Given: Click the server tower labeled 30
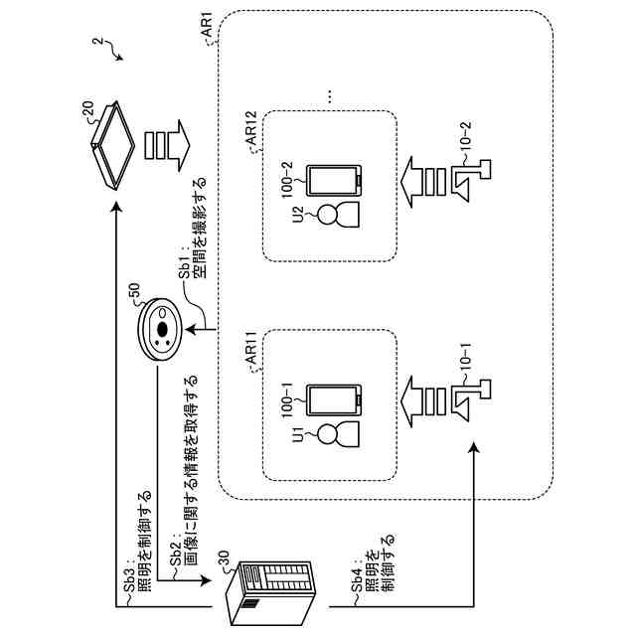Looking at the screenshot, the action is click(269, 594).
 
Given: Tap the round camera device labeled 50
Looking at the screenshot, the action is click(159, 329).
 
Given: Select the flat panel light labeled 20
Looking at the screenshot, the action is click(113, 145).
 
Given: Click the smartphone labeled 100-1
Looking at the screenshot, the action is click(334, 399).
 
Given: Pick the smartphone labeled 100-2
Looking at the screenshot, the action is click(334, 181).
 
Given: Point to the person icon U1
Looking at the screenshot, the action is click(338, 434).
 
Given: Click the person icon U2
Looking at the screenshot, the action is click(338, 215).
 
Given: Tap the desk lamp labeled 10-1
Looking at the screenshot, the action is click(471, 400).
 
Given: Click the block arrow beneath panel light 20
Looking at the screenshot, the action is click(167, 145).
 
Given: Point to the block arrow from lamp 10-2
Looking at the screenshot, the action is click(423, 181).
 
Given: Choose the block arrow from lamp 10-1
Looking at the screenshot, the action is click(423, 401).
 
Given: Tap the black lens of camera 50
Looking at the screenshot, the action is click(162, 330).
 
